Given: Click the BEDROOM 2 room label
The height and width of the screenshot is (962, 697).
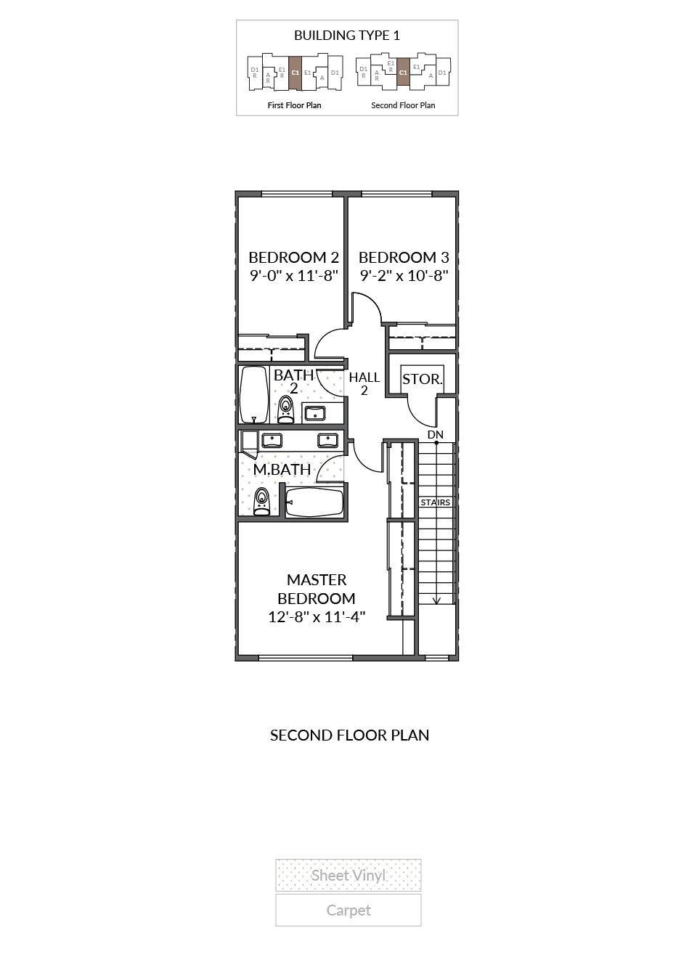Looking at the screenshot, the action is click(294, 257).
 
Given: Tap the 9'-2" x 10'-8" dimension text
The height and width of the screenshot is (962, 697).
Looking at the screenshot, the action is click(404, 275).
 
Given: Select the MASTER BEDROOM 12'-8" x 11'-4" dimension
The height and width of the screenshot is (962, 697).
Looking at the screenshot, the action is click(317, 617).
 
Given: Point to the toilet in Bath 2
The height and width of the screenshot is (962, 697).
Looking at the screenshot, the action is click(285, 409).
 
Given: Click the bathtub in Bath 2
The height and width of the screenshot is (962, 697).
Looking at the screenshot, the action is click(253, 395).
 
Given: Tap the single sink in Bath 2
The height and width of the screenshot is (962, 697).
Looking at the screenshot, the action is click(315, 414).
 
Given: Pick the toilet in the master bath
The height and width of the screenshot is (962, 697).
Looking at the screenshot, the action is click(261, 502).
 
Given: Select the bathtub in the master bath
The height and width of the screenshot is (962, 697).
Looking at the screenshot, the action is click(315, 503).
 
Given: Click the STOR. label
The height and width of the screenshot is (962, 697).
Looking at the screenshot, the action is click(422, 379).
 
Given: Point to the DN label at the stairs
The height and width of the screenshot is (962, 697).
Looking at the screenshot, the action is click(435, 435).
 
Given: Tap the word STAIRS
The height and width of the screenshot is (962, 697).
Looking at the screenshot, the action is click(435, 502).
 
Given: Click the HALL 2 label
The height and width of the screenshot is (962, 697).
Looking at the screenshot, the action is click(364, 384).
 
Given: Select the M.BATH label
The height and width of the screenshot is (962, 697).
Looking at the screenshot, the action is click(282, 470).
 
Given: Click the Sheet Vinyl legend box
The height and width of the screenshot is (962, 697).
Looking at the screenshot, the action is click(348, 876).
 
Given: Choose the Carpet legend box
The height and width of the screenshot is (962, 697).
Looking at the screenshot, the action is click(348, 910).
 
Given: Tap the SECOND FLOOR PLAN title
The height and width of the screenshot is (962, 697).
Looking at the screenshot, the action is click(349, 735).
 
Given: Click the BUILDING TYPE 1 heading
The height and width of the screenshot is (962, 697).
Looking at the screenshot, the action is click(347, 36).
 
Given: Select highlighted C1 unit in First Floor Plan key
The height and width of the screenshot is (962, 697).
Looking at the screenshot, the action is click(295, 73).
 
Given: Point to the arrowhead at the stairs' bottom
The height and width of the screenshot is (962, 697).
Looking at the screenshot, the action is click(436, 601).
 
